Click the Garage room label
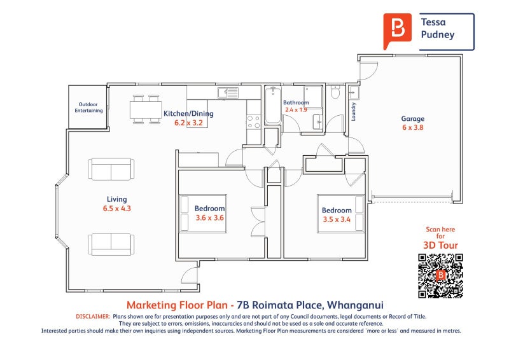tap(412, 118)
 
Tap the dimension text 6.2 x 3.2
tap(188, 123)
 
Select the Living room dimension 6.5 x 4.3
tap(117, 208)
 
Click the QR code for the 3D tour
tap(440, 275)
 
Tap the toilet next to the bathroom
tap(336, 93)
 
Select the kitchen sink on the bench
tap(228, 93)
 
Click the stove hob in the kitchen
tap(253, 121)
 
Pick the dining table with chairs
tap(146, 109)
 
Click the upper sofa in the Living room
tap(111, 169)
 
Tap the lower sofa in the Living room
tap(111, 244)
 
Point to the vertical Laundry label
tap(354, 112)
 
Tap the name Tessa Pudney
tap(438, 28)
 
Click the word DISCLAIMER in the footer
tap(93, 316)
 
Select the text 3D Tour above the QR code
tap(440, 245)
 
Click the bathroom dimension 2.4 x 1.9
tap(296, 109)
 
